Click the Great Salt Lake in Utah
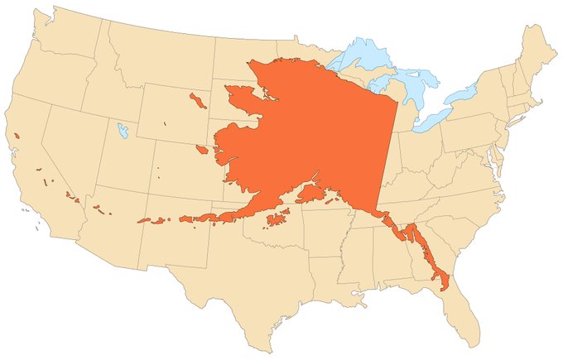pos(123,130)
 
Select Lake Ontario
pos(464,94)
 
